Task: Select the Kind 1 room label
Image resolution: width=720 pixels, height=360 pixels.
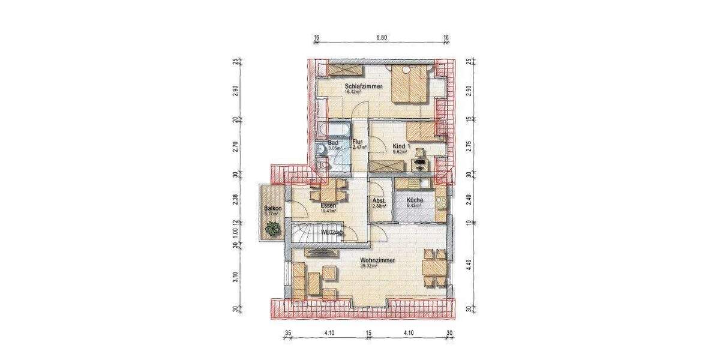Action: tap(400, 146)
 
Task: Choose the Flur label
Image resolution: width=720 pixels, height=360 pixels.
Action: tap(358, 142)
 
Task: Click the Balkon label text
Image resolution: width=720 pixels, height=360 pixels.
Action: tap(272, 208)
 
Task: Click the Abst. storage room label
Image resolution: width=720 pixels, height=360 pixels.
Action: tap(379, 200)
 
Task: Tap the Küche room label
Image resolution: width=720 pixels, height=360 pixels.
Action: tap(415, 200)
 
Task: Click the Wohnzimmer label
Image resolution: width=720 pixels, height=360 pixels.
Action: tap(377, 260)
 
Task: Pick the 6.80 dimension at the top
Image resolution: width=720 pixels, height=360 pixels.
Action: tap(382, 37)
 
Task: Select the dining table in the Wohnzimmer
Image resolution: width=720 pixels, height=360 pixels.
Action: tap(435, 266)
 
